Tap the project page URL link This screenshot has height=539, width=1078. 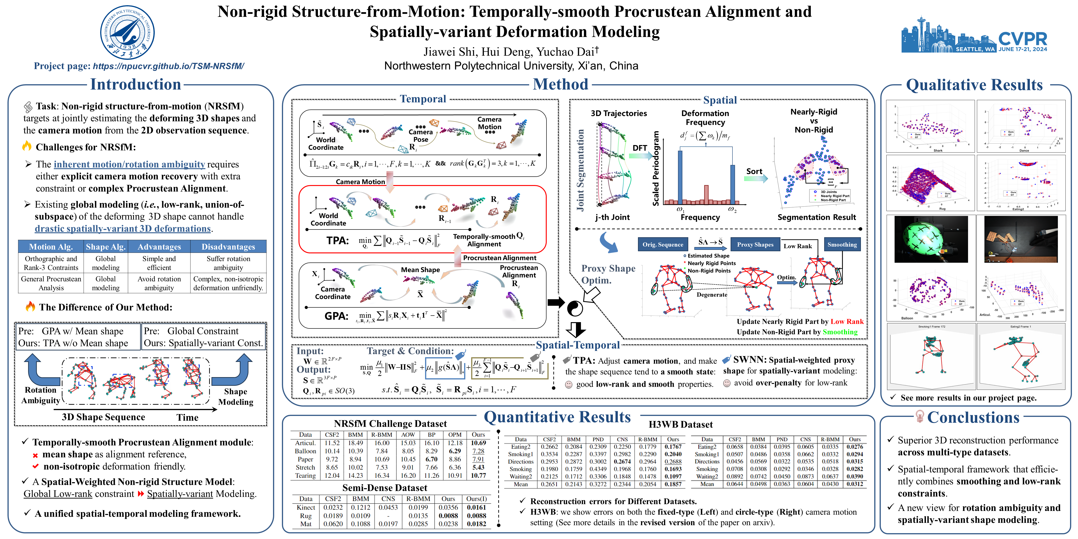168,66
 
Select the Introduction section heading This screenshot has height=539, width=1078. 136,84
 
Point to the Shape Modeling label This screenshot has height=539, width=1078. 236,397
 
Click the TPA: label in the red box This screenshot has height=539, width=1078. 337,241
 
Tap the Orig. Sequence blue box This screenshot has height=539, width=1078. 663,244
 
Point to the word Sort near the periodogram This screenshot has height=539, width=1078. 754,171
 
